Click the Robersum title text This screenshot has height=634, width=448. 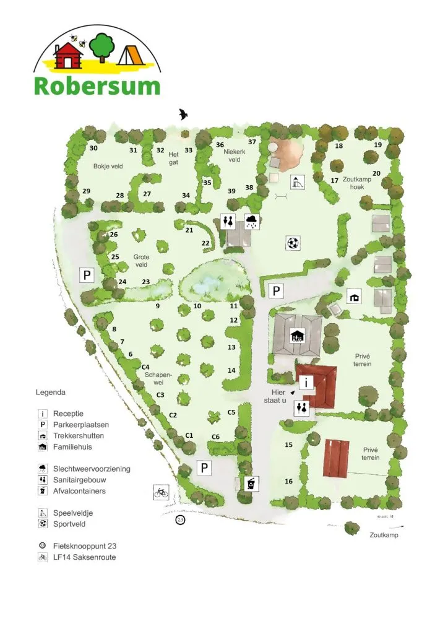pos(97,85)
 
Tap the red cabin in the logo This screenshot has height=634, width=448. pos(69,58)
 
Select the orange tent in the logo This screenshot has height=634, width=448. pos(132,56)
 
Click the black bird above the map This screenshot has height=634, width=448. pos(184,114)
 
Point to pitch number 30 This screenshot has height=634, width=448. pos(93,149)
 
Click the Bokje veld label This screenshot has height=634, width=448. pos(108,167)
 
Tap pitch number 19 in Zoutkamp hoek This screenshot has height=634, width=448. pos(377,145)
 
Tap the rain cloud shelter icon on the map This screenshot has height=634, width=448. pos(252,221)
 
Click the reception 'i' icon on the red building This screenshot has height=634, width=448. pos(307,382)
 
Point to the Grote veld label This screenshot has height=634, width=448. pos(141,261)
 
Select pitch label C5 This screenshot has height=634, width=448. pos(232,412)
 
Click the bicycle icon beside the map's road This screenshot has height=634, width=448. pos(161,492)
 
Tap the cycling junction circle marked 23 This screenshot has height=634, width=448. pos(181,519)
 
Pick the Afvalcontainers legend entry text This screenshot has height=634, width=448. pos(79,491)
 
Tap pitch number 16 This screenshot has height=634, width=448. pos(288,481)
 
